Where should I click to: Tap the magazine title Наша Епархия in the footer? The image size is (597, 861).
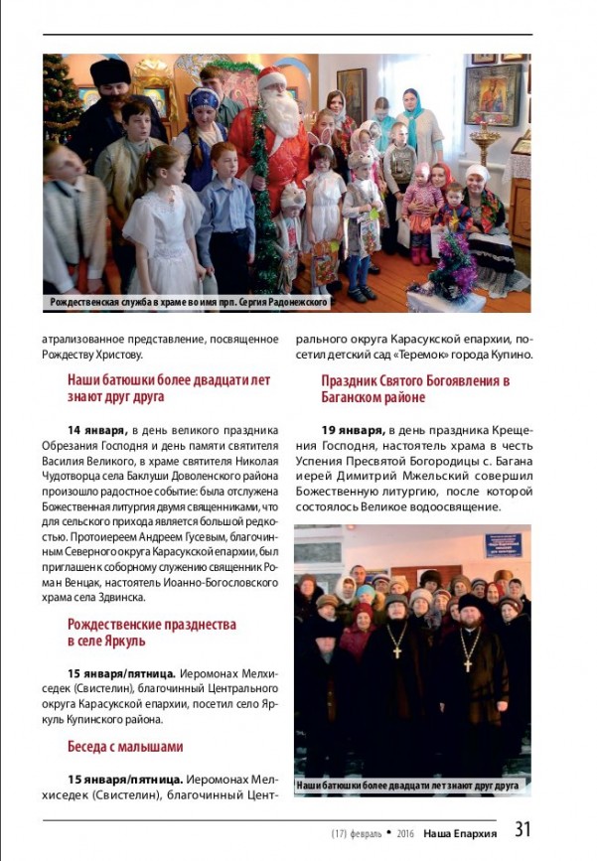point(460,832)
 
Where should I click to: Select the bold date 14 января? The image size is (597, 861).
point(96,430)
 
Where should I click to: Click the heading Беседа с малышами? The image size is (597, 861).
point(125,746)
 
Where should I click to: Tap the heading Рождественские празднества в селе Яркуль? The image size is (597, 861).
point(151,633)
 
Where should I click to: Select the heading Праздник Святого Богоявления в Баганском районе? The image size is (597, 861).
point(415,388)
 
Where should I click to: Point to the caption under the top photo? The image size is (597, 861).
point(189,301)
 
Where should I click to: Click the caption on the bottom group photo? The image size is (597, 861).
point(408,785)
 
